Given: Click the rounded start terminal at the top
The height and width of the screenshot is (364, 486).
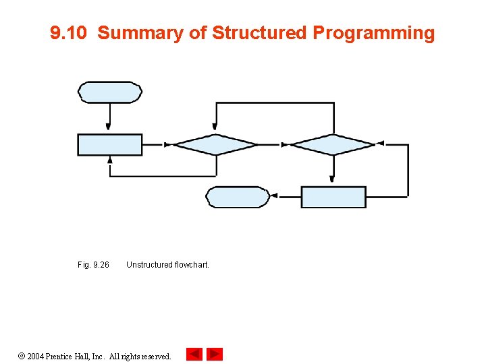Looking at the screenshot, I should pyautogui.click(x=110, y=92).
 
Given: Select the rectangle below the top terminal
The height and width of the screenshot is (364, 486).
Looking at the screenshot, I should pyautogui.click(x=110, y=145).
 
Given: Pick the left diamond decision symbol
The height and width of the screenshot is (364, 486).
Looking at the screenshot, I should pyautogui.click(x=215, y=145).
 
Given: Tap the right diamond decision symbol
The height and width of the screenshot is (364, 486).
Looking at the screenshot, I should pyautogui.click(x=332, y=145).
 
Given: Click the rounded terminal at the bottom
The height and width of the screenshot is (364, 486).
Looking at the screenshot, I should pyautogui.click(x=237, y=197).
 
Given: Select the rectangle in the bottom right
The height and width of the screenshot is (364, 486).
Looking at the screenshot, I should pyautogui.click(x=333, y=197).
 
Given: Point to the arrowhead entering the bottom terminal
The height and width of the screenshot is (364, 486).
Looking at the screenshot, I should pyautogui.click(x=273, y=197).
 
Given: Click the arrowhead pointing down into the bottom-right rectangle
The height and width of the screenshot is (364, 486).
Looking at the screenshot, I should pyautogui.click(x=332, y=179).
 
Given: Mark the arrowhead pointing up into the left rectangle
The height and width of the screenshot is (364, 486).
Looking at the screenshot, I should pyautogui.click(x=110, y=160).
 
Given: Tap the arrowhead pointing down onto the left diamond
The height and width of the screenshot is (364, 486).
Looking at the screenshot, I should pyautogui.click(x=215, y=126).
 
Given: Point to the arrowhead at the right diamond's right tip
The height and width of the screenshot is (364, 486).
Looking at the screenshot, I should pyautogui.click(x=380, y=144).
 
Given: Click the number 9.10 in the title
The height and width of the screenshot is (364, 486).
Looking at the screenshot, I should pyautogui.click(x=69, y=33).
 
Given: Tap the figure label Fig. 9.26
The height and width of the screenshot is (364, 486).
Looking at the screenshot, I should pyautogui.click(x=93, y=265).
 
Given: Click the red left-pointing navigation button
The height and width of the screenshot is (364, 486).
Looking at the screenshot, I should pyautogui.click(x=194, y=354).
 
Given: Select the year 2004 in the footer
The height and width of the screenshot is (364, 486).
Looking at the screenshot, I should pyautogui.click(x=36, y=356).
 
